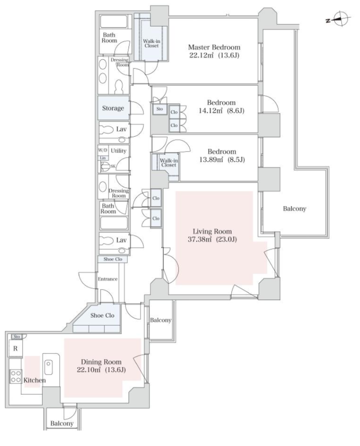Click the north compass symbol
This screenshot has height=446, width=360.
tap(339, 19)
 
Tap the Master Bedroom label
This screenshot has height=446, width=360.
tap(214, 47)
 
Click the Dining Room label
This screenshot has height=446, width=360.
tap(101, 362)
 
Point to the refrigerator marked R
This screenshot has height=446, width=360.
tap(15, 348)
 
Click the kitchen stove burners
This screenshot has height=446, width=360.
tap(15, 376)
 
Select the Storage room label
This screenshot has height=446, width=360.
tap(113, 108)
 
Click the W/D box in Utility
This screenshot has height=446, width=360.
tap(103, 150)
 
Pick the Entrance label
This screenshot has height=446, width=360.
tap(108, 279)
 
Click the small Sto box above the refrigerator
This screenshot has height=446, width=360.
tap(17, 337)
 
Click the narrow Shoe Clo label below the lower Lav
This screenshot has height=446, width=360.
tap(113, 259)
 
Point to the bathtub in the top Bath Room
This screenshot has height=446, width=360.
tap(114, 21)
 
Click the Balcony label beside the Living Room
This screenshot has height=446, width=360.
tap(295, 209)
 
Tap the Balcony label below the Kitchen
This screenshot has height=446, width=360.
tap(62, 423)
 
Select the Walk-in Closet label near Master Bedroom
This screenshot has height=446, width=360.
tap(151, 43)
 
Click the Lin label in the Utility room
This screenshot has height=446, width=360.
tap(103, 158)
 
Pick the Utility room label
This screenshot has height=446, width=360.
tap(119, 151)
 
